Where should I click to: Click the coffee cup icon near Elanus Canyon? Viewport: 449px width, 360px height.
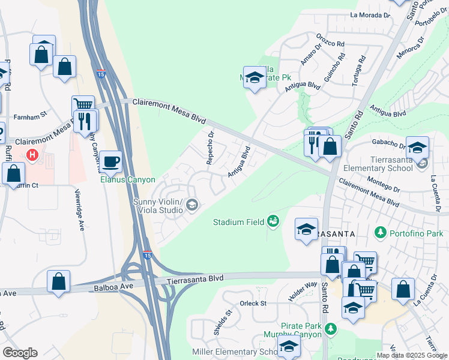[110, 161]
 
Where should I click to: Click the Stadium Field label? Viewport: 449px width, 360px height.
[239, 222]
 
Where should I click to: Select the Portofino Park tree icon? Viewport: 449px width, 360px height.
[379, 232]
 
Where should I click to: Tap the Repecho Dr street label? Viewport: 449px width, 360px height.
[210, 148]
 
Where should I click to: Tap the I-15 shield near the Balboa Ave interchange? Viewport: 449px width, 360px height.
[148, 254]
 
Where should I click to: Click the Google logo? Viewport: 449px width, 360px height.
[20, 353]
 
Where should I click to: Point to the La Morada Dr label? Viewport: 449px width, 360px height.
[370, 14]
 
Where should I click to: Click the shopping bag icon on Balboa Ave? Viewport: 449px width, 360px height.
[59, 282]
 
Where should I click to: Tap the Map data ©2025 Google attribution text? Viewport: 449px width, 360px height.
[412, 355]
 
